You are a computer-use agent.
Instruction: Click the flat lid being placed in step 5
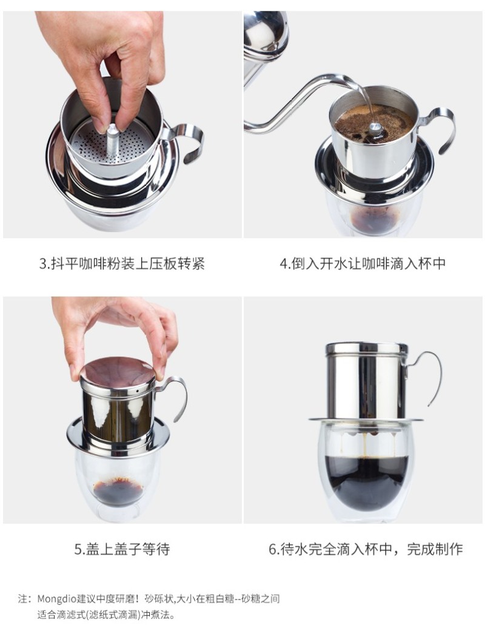(117, 372)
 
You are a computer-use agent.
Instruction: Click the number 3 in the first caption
(42, 264)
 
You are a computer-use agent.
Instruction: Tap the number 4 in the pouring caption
(283, 264)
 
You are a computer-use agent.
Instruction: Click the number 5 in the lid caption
(78, 549)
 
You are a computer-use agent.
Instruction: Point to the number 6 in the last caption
(273, 549)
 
